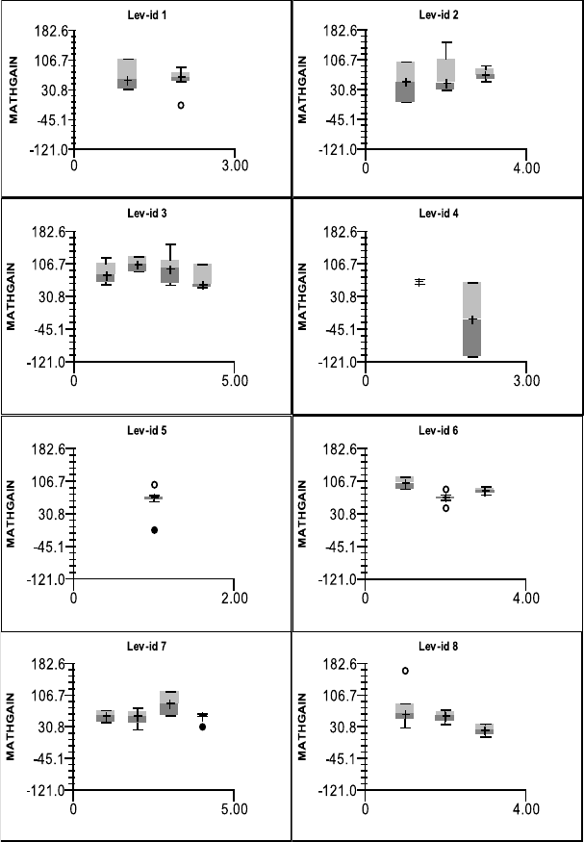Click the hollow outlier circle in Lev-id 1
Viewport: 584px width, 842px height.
click(180, 104)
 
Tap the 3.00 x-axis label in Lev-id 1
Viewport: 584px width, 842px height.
click(235, 166)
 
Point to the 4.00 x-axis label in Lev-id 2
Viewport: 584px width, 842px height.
click(526, 166)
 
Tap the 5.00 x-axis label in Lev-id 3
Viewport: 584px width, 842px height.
click(235, 379)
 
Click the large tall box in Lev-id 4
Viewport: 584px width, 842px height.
click(471, 319)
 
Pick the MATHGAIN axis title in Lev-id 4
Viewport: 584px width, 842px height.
click(302, 297)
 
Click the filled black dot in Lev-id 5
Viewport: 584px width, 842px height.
click(154, 530)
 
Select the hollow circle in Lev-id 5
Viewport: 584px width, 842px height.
click(154, 485)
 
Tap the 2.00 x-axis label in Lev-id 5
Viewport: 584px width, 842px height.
click(235, 597)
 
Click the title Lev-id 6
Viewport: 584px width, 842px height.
click(439, 429)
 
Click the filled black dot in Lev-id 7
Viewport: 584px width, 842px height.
click(202, 727)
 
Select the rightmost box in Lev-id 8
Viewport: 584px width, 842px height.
click(485, 729)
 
